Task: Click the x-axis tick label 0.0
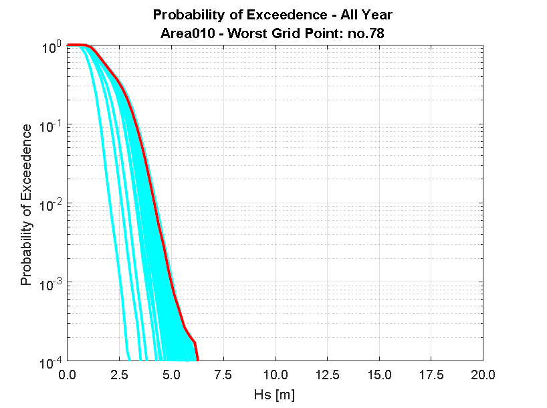tap(67, 373)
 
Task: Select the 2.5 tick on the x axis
tap(118, 373)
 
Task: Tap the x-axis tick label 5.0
tap(171, 373)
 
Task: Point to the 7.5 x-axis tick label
tap(223, 373)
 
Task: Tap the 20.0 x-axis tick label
tap(482, 373)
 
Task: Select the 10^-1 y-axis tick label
tap(51, 126)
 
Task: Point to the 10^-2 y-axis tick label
tap(51, 205)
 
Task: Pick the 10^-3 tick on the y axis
tap(51, 283)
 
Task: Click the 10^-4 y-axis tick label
tap(51, 362)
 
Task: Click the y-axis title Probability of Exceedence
tap(26, 205)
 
